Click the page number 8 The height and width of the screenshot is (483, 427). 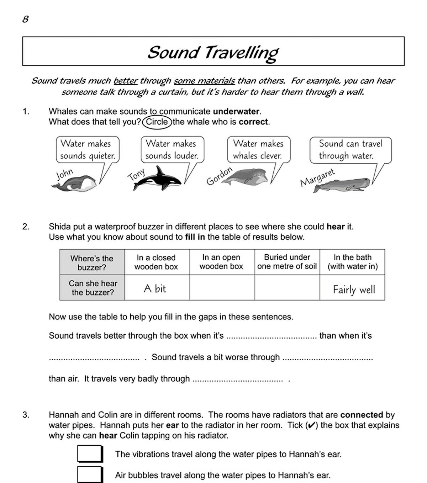[x=25, y=19]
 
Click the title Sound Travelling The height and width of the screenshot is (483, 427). [x=213, y=52]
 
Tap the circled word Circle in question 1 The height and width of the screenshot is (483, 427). [x=157, y=122]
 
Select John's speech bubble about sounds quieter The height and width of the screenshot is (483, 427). [x=88, y=150]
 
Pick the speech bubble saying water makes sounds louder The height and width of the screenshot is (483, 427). [x=172, y=150]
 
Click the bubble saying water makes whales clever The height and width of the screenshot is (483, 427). [x=258, y=150]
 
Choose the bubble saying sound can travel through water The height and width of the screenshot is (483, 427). [x=350, y=150]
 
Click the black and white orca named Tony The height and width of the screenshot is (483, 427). [x=159, y=179]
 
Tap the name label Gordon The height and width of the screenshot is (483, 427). [x=219, y=176]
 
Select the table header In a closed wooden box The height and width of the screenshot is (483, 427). [x=156, y=262]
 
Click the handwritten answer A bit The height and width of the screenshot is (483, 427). [x=155, y=288]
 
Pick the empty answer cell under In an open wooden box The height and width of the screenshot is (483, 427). [x=222, y=288]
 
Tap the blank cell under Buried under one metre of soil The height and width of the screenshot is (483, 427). [x=287, y=288]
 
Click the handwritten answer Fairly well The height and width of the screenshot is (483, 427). [x=354, y=290]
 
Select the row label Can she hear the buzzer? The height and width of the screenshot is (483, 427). [x=93, y=288]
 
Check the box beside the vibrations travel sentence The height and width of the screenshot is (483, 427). [x=90, y=454]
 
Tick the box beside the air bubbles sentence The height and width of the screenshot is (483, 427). [x=90, y=475]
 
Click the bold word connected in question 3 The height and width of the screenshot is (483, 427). [x=362, y=415]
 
